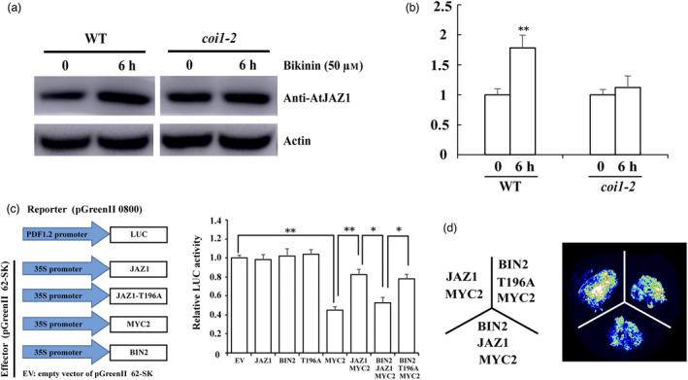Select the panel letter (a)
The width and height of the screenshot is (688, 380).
[15, 12]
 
